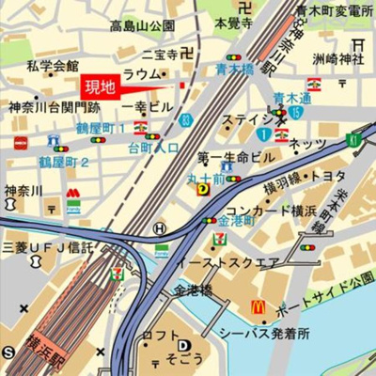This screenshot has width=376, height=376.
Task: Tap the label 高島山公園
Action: tap(142, 26)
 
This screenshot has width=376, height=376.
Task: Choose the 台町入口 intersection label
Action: tap(153, 148)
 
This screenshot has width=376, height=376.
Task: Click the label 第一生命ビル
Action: tap(236, 156)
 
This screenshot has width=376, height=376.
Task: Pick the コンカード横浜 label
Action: tap(271, 211)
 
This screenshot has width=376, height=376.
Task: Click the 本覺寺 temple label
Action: tap(231, 21)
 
